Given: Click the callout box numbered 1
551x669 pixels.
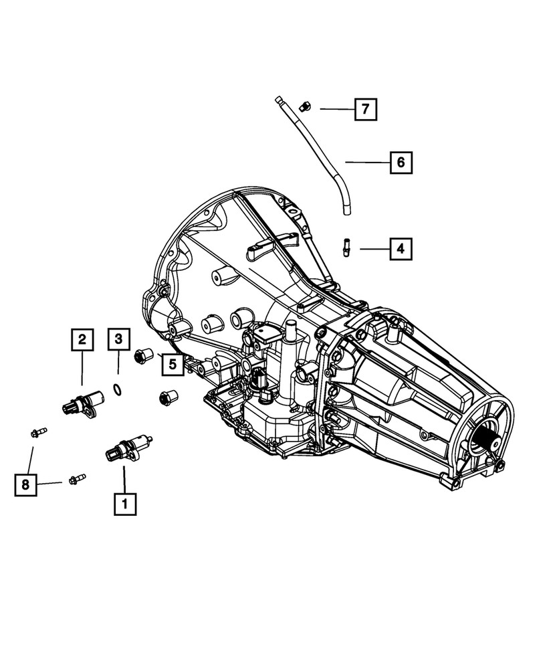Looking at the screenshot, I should [x=125, y=504].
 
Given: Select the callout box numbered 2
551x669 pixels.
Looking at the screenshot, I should [x=82, y=341].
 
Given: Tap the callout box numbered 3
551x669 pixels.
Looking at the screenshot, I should [x=118, y=341].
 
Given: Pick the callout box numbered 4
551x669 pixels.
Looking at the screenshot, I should [x=400, y=250].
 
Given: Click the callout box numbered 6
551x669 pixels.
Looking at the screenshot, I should [x=401, y=162].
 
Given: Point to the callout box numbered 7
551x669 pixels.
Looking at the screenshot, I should [x=365, y=108].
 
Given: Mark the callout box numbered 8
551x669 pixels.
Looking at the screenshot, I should [x=25, y=485].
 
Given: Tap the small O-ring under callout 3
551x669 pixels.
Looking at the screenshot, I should [x=117, y=389].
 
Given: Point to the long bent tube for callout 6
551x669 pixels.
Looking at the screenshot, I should [x=318, y=161].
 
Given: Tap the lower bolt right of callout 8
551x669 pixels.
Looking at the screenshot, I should [x=76, y=479].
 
